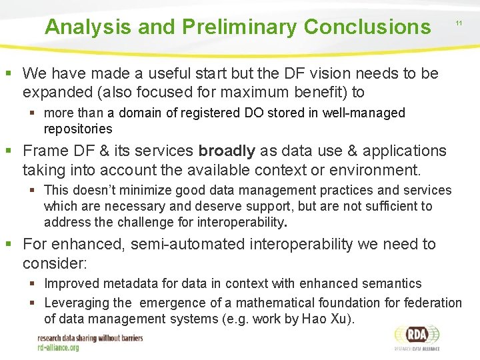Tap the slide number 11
pos(459,23)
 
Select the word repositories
pos(78,129)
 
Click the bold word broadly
pos(227,151)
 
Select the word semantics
pos(389,284)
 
